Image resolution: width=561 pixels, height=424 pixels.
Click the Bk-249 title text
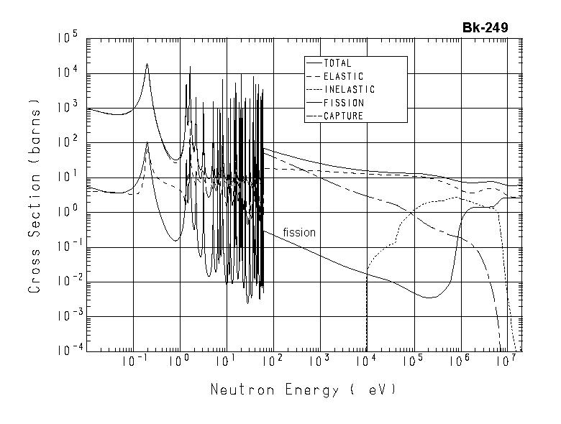coord(485,28)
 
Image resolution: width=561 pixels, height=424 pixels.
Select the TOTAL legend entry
coord(338,63)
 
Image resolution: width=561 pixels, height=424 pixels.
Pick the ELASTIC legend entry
coord(343,76)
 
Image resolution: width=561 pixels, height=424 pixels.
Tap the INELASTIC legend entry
coord(349,90)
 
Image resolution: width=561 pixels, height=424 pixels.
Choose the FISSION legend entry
coord(343,103)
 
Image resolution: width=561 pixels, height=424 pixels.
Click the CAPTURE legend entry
coord(343,116)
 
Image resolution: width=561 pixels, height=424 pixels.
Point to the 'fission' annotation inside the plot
coord(299,232)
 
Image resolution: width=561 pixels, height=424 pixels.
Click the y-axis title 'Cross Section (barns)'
coord(34,195)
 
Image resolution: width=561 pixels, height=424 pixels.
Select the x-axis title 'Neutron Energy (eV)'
coord(302,390)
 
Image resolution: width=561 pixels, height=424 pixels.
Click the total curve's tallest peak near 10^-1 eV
coord(147,64)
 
